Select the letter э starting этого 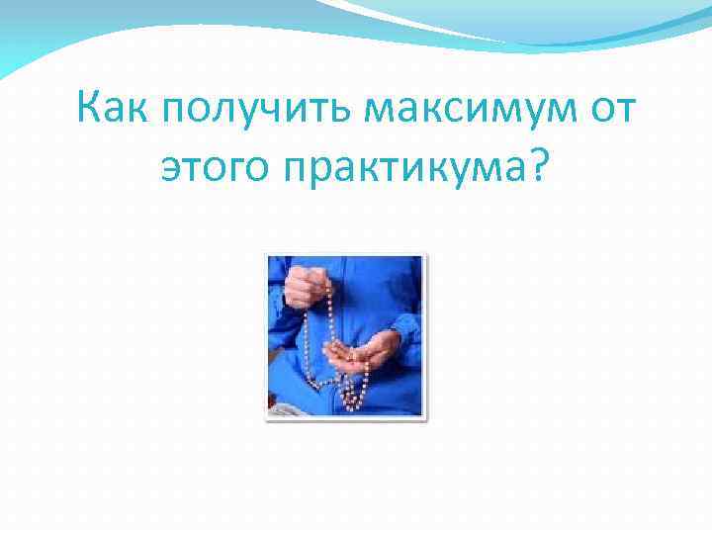pos(169,172)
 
